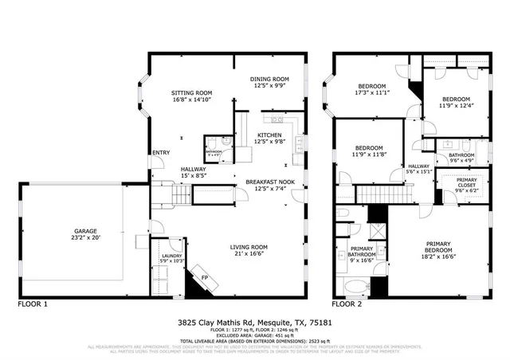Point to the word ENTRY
point(160,152)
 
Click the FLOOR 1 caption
point(33,304)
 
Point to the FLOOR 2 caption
point(347,304)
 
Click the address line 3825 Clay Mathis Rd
point(255,323)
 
